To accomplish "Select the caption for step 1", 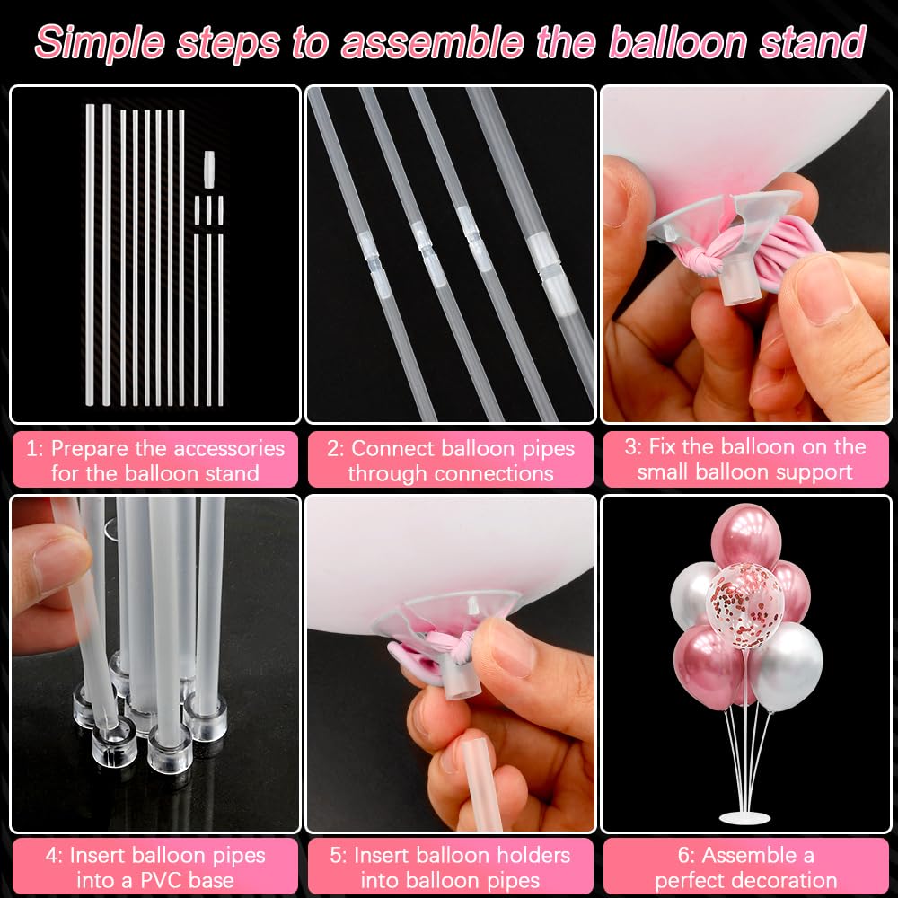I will [x=155, y=460].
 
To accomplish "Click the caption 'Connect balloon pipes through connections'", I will [x=450, y=460].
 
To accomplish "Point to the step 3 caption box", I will [x=744, y=459].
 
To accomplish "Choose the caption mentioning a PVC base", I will [x=155, y=867].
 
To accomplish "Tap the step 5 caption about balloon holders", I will [x=450, y=867].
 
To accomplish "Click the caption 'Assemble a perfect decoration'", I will [x=744, y=867].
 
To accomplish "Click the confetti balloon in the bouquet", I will [x=744, y=593].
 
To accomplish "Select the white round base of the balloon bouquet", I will [x=744, y=816].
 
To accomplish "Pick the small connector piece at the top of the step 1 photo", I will [x=209, y=168].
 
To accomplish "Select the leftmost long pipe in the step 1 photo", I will [x=90, y=256].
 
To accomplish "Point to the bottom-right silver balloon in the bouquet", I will [x=787, y=665].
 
